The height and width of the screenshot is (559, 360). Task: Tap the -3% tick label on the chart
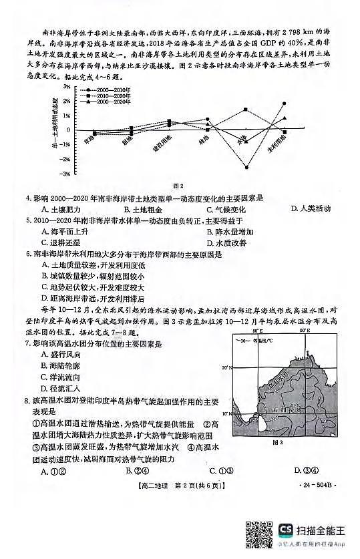[65, 174]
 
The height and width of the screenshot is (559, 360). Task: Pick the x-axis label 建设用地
[164, 142]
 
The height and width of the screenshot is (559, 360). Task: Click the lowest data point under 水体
[246, 167]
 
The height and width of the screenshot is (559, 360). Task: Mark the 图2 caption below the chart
[178, 185]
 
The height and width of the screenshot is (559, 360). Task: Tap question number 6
[28, 254]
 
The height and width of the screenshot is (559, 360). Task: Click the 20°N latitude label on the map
[225, 367]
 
